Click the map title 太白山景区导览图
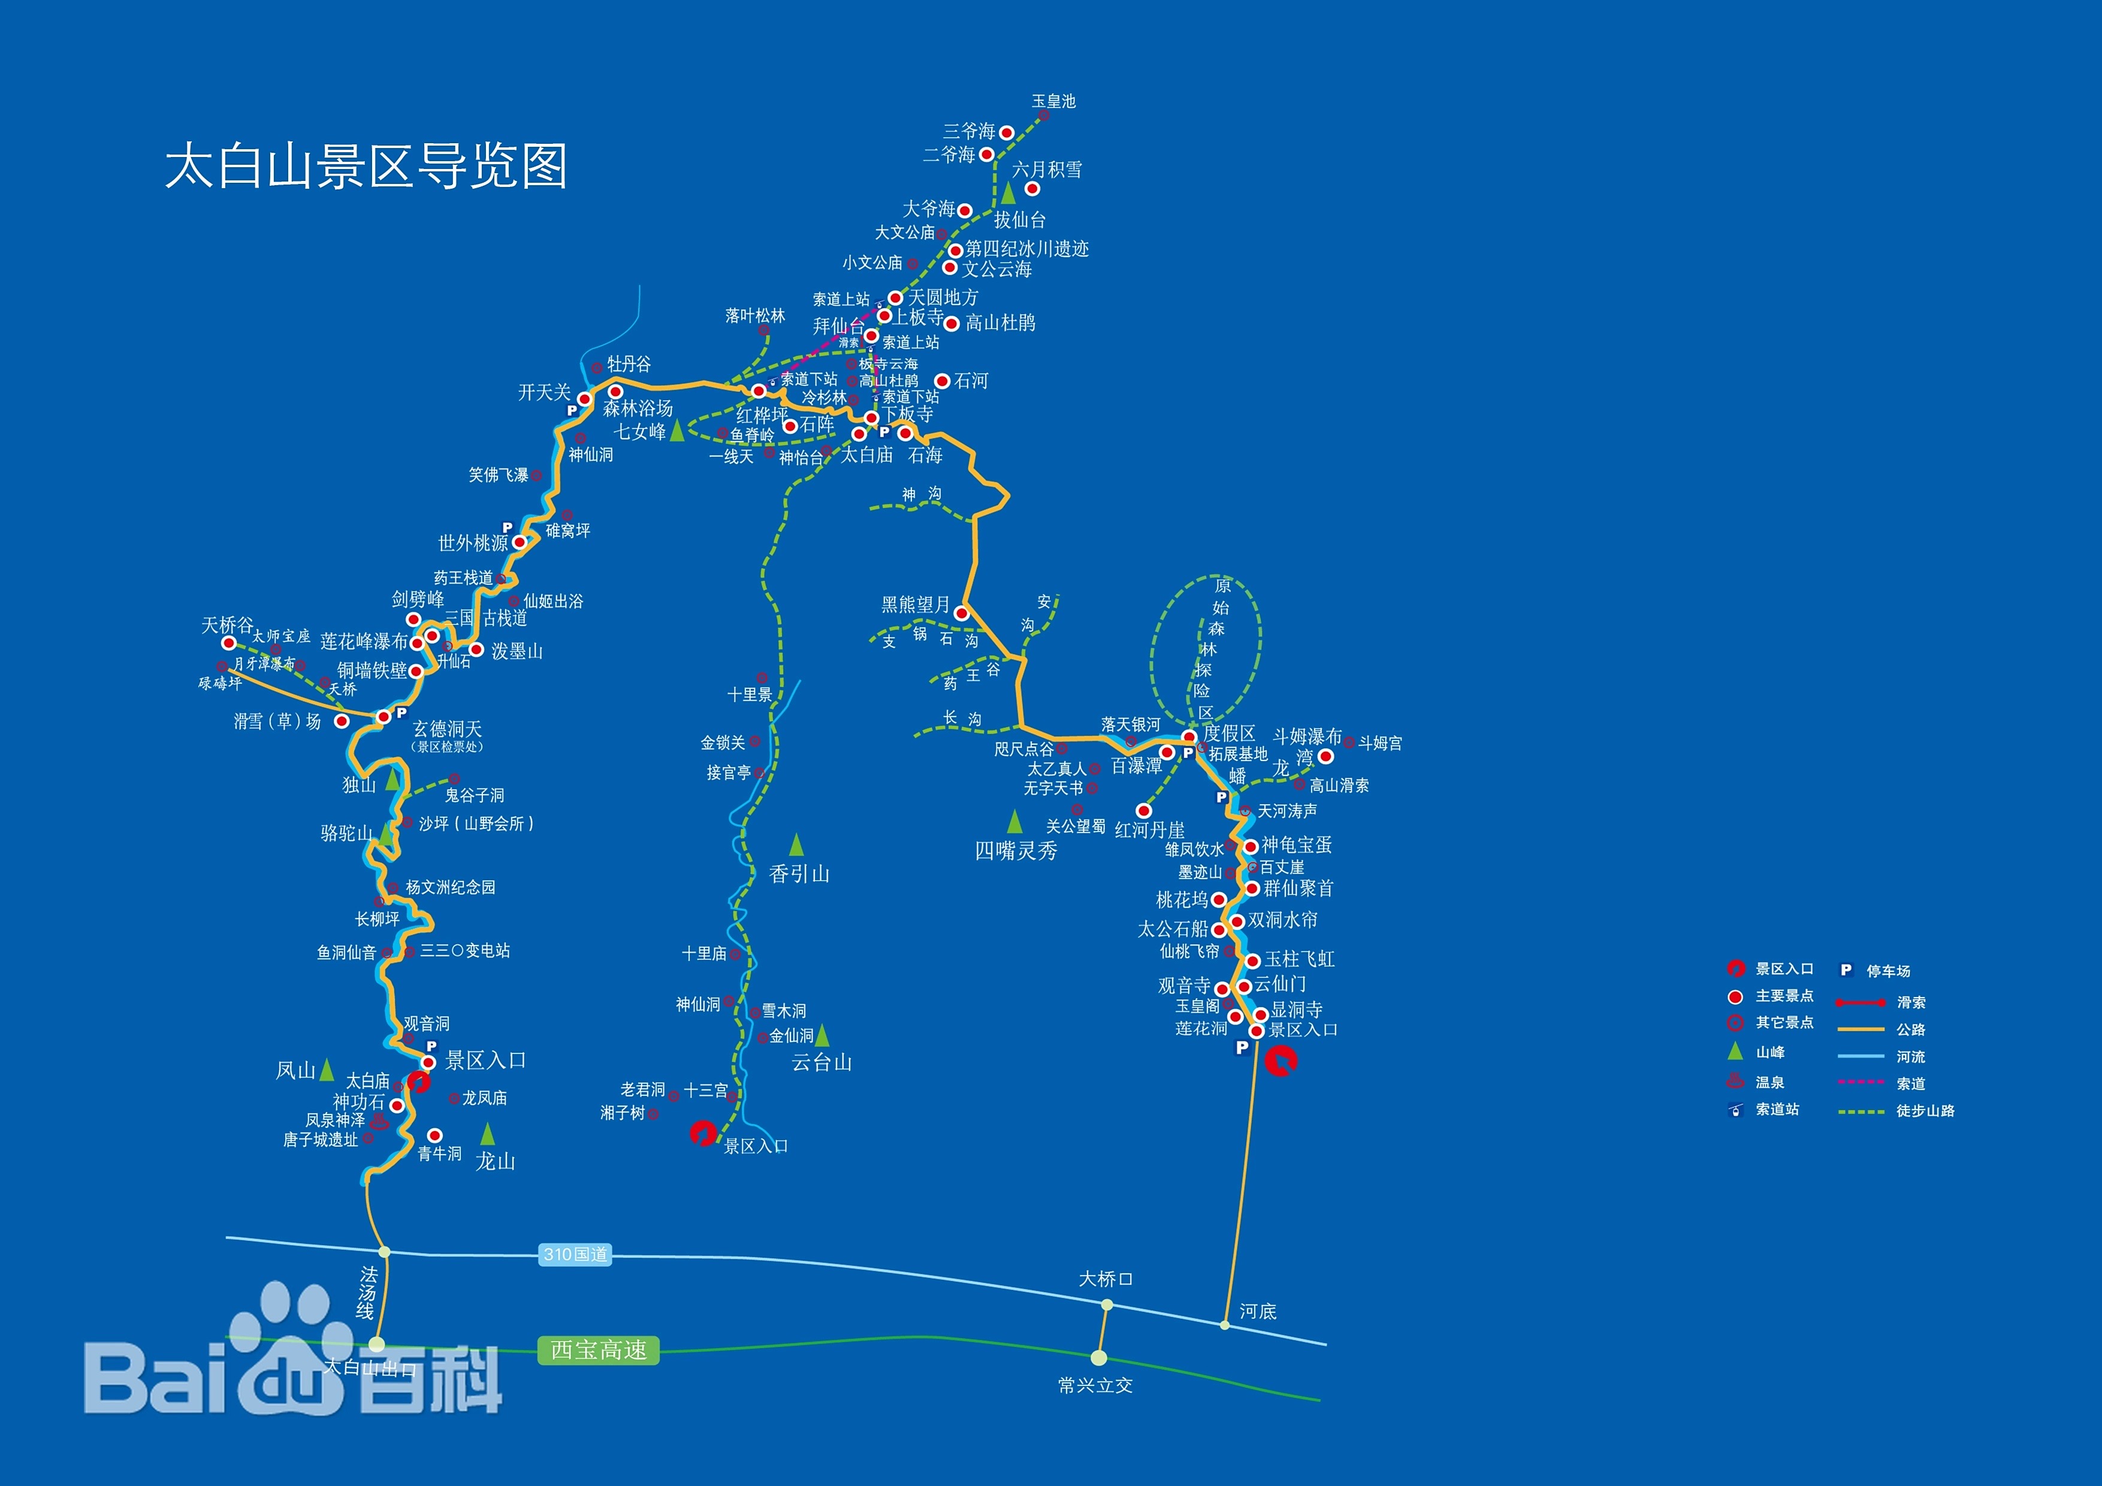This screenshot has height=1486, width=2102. point(366,166)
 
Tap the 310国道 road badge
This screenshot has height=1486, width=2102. point(575,1254)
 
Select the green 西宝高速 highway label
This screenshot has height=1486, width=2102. point(598,1351)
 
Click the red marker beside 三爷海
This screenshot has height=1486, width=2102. point(1006,133)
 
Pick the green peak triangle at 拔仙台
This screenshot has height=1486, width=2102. point(1008,193)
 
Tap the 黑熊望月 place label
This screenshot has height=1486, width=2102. point(914,605)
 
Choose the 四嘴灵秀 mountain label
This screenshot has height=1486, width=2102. point(1015,851)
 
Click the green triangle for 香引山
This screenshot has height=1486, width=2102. point(796,844)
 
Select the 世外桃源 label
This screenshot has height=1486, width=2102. point(472,543)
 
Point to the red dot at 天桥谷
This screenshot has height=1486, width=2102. point(229,643)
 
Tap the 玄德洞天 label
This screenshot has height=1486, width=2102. point(447,729)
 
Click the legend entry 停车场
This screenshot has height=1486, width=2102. point(1887,971)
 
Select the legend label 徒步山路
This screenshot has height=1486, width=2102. point(1925,1111)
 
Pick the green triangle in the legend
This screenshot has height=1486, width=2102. point(1734,1051)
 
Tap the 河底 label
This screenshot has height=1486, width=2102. point(1257,1311)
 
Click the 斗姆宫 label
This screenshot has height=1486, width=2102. point(1380,744)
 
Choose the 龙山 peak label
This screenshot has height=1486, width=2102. point(496,1161)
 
